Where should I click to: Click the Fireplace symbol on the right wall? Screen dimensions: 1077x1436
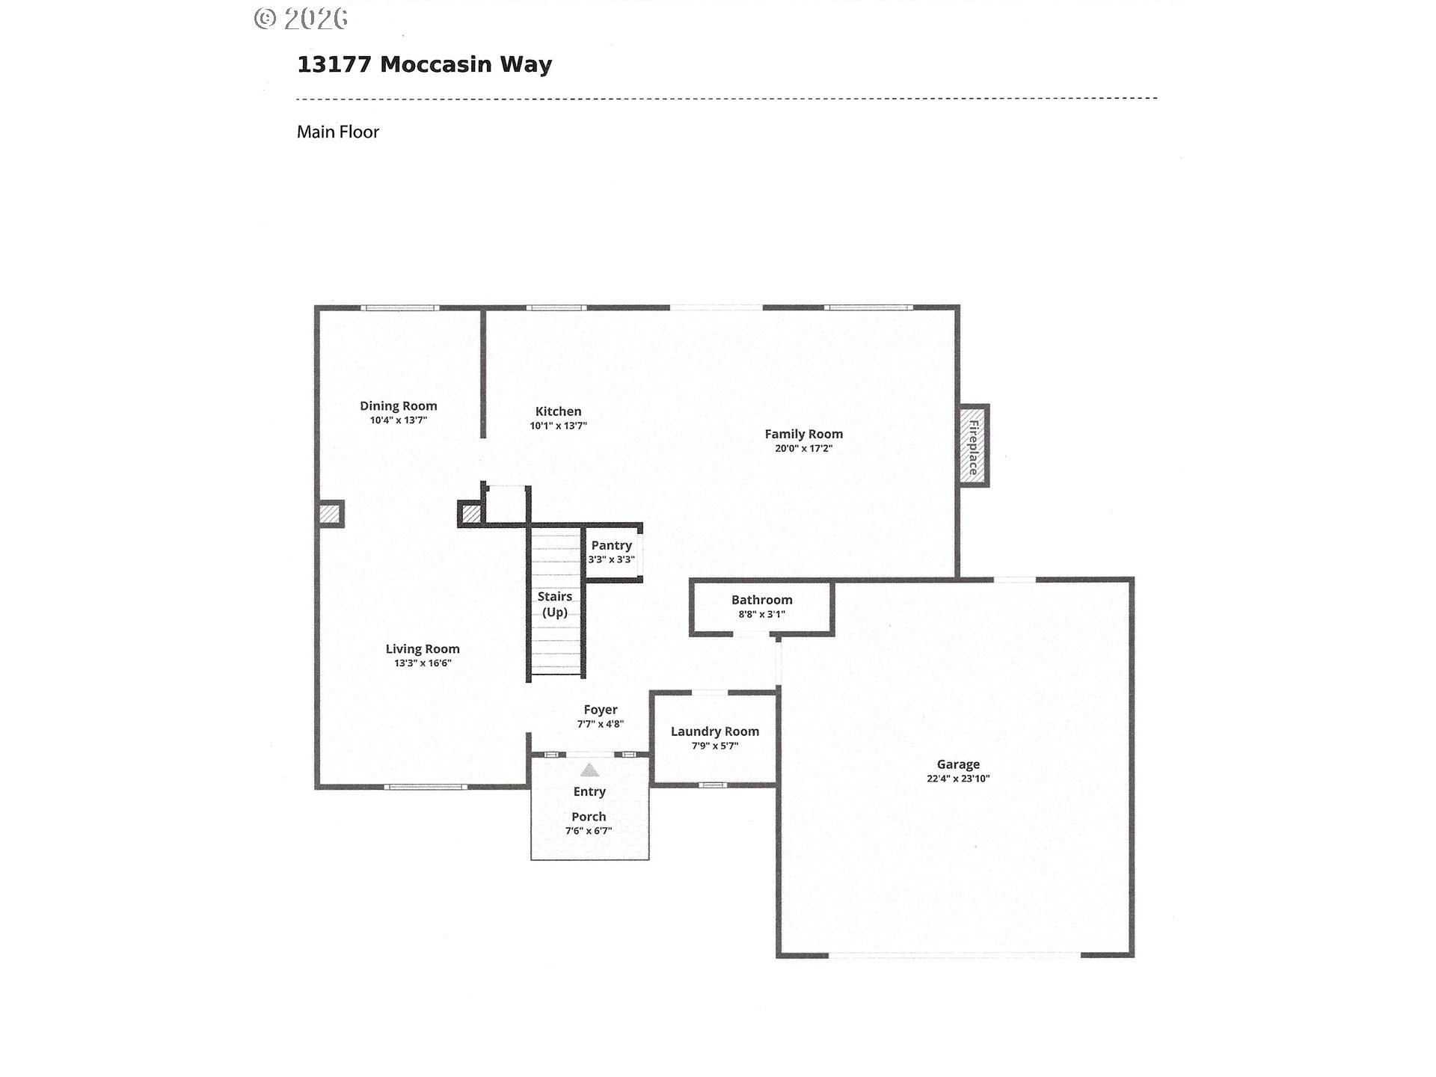click(x=974, y=447)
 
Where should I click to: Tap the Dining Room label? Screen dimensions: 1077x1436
click(x=398, y=406)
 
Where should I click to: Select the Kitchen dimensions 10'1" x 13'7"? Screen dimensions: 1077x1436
click(x=558, y=426)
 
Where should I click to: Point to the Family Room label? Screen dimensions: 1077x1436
click(x=803, y=434)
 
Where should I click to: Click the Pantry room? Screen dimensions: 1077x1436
click(x=612, y=553)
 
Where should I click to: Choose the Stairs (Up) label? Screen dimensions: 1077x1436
click(x=555, y=604)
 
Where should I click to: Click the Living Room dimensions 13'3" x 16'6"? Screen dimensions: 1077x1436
click(x=423, y=663)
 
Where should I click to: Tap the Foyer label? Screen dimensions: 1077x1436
click(x=601, y=710)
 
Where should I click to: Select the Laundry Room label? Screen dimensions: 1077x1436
click(x=714, y=731)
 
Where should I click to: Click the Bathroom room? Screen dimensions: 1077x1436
click(x=761, y=607)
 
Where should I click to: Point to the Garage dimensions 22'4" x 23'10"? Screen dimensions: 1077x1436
click(x=958, y=778)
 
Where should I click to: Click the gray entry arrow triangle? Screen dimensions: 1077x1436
click(x=590, y=770)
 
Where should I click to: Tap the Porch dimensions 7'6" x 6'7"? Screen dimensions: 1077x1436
click(x=589, y=830)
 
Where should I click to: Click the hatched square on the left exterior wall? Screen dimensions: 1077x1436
click(x=329, y=515)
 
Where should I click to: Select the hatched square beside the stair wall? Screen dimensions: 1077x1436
click(x=470, y=515)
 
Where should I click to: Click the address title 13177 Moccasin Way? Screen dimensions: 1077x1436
click(x=424, y=64)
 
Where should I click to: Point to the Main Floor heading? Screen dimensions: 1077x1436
click(x=338, y=132)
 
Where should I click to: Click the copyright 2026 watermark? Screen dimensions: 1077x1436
click(x=301, y=19)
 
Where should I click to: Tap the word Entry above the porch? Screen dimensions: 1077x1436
click(x=589, y=791)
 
